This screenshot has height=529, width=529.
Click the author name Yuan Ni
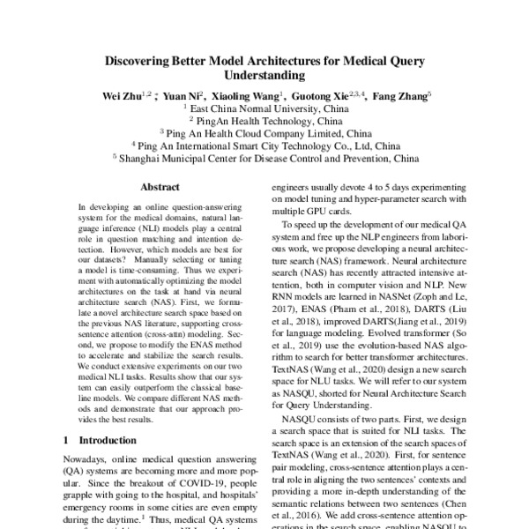click(183, 95)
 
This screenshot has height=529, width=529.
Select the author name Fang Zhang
click(400, 95)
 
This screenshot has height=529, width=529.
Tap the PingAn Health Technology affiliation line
click(266, 121)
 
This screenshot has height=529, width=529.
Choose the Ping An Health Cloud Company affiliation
click(266, 134)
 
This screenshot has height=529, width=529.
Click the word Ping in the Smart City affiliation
click(145, 146)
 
